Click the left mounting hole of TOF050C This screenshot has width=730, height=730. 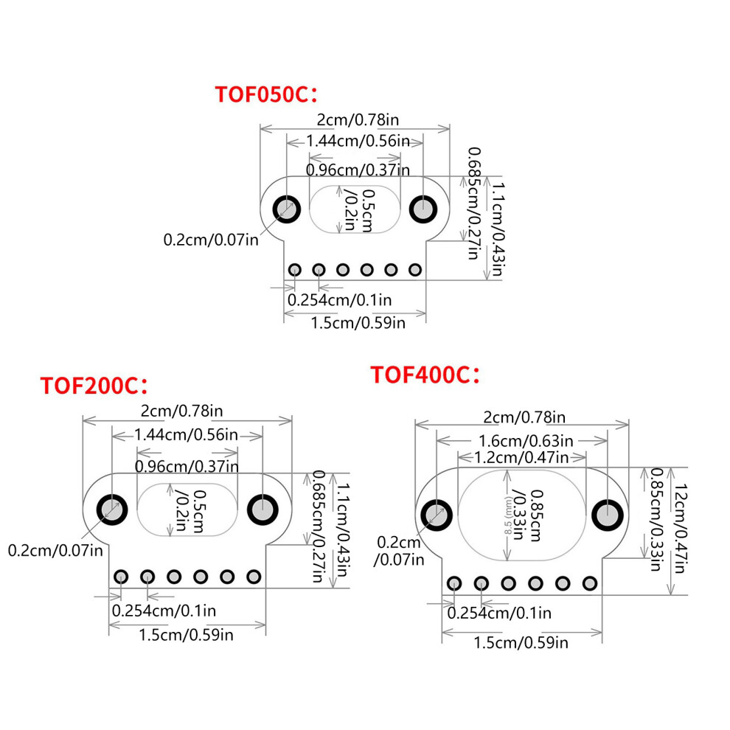coord(287,209)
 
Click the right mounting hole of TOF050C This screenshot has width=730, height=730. coord(423,209)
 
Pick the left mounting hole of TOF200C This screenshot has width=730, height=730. coord(112,510)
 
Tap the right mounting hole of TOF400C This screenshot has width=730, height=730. coord(607,515)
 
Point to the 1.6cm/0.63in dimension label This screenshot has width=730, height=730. coord(526,440)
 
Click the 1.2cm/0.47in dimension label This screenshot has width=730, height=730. coord(521,458)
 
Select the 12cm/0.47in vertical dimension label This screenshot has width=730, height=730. coord(680,529)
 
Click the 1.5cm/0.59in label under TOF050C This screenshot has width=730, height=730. coord(358,323)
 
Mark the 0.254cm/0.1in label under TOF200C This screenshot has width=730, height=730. coord(164,611)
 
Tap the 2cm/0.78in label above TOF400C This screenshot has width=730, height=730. coord(524,417)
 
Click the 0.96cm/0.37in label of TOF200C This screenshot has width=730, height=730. coord(187,466)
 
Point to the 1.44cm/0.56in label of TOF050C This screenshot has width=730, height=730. coord(358,141)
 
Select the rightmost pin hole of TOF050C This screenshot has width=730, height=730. coord(415,270)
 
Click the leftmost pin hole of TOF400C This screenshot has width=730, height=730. coord(454,583)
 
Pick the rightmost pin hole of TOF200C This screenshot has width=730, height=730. coord(254,577)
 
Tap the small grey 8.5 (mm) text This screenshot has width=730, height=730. coord(507,515)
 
